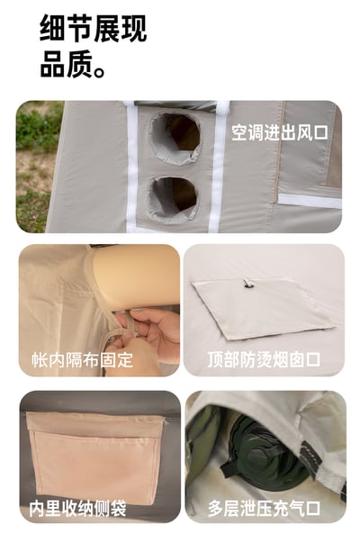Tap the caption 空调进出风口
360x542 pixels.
click(279, 133)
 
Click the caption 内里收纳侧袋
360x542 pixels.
click(76, 509)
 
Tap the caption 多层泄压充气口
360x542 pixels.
click(264, 509)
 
